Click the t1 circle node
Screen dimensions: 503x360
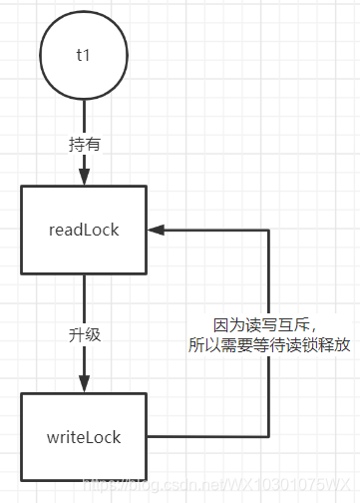pyautogui.click(x=84, y=57)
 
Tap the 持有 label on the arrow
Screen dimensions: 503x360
pyautogui.click(x=84, y=143)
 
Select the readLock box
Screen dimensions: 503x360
pyautogui.click(x=84, y=230)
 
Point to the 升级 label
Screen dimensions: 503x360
pyautogui.click(x=84, y=333)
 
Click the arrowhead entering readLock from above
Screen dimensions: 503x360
pyautogui.click(x=84, y=177)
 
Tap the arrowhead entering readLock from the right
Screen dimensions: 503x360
pyautogui.click(x=157, y=230)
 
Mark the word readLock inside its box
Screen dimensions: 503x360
pyautogui.click(x=84, y=230)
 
